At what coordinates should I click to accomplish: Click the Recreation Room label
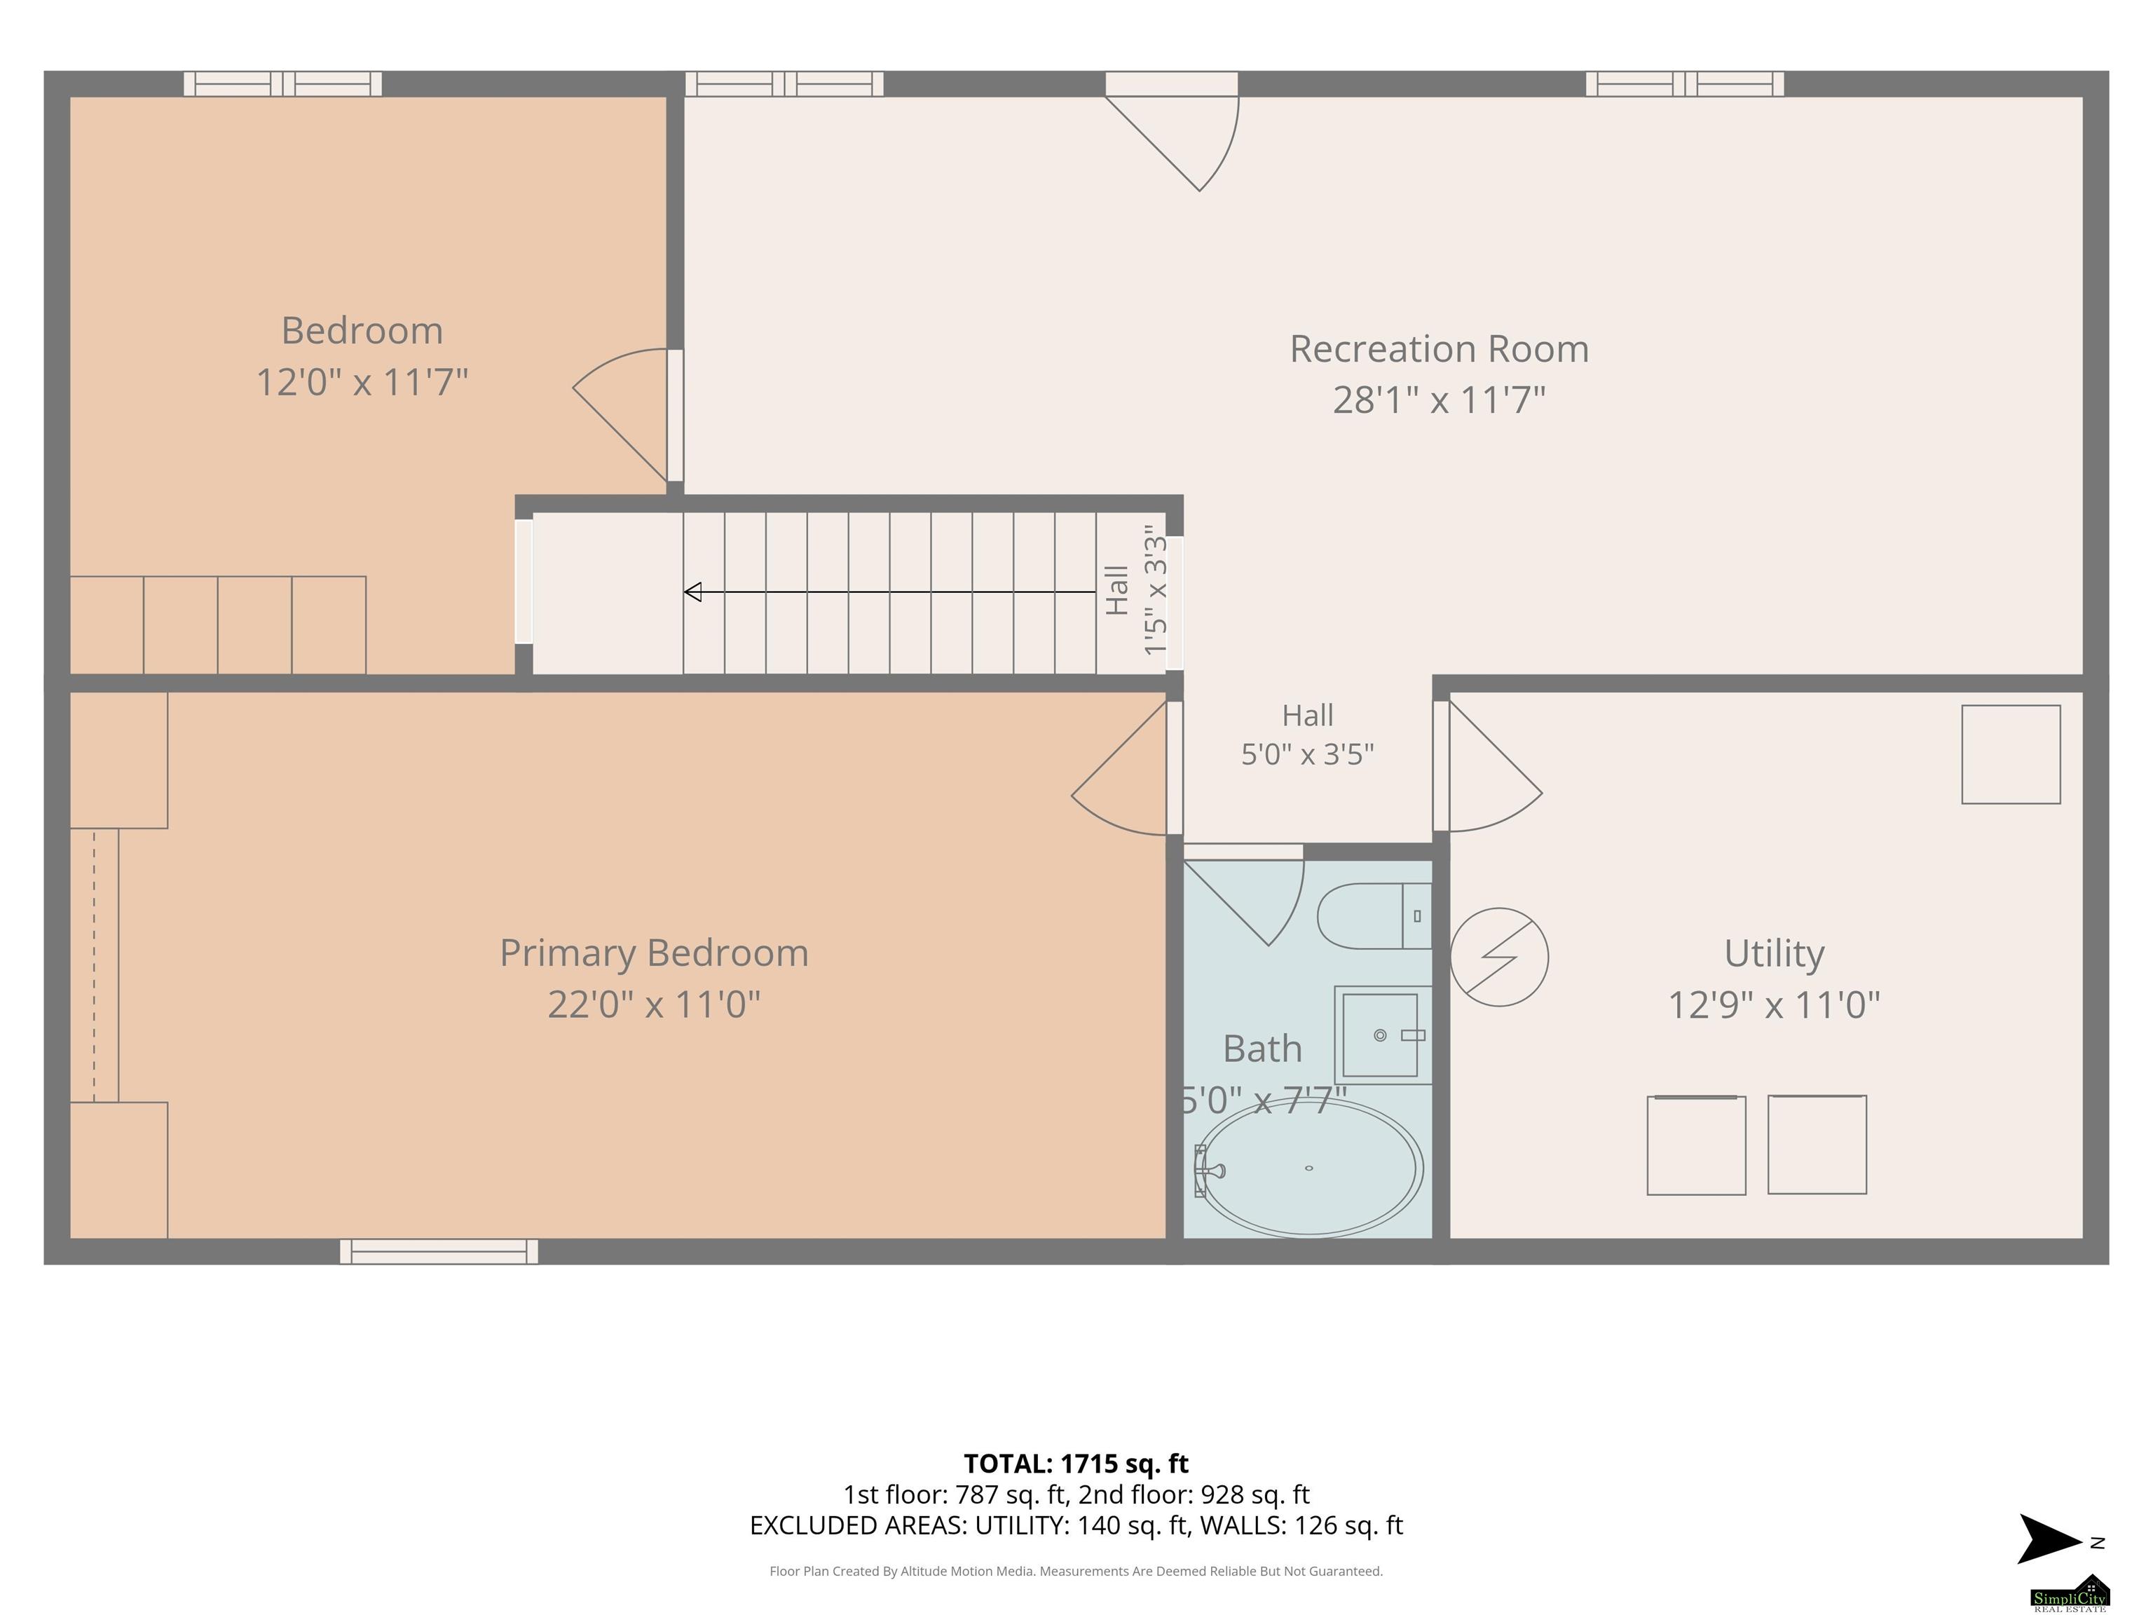pos(1439,348)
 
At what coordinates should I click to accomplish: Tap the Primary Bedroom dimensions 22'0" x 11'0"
pos(654,1004)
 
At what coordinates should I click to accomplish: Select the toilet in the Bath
pos(1374,915)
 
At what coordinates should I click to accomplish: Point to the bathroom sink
pos(1382,1035)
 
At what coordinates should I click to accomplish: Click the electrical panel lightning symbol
pos(1499,957)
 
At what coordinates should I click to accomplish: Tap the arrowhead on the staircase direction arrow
pos(693,592)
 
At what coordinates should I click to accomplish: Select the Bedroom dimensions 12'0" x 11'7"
pos(362,381)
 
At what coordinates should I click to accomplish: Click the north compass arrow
pos(2051,1539)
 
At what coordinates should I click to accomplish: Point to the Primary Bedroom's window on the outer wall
pos(439,1252)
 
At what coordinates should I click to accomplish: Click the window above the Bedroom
pos(283,83)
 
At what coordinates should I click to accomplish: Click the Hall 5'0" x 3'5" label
pos(1307,735)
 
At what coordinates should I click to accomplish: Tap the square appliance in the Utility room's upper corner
pos(2011,754)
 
